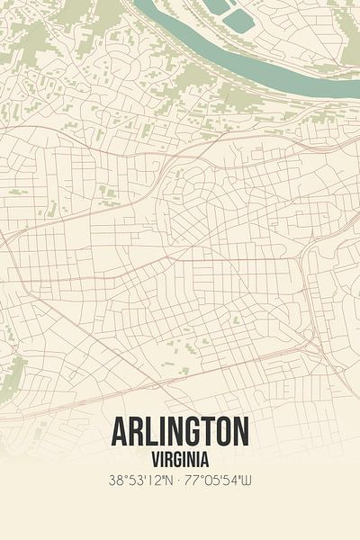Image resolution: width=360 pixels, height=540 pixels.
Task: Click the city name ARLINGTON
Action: tap(180, 432)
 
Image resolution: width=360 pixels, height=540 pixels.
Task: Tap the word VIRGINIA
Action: tap(180, 458)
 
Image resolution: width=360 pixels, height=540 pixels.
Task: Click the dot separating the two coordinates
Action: tap(180, 481)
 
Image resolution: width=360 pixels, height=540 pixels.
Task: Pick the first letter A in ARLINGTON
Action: tap(120, 432)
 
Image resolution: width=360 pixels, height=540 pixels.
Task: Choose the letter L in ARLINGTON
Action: tap(152, 432)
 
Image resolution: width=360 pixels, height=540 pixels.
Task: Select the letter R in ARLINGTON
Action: tap(136, 432)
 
